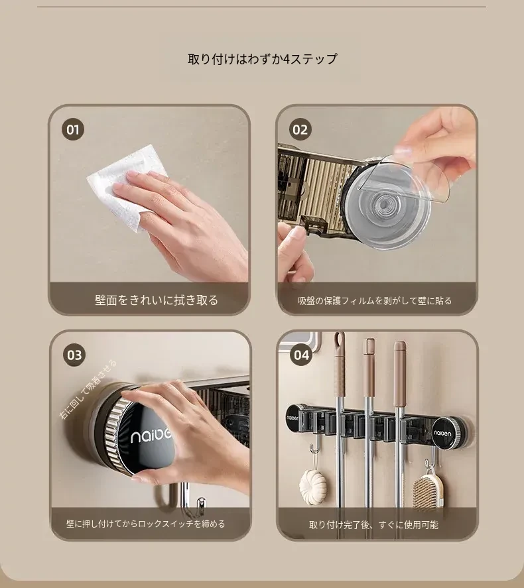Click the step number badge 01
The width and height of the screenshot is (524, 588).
[x=73, y=129]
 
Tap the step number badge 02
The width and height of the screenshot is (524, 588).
[x=300, y=129]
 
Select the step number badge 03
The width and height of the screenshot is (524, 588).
[x=74, y=355]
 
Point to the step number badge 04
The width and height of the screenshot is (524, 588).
[x=301, y=355]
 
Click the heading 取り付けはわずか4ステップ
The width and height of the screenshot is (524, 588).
[x=262, y=59]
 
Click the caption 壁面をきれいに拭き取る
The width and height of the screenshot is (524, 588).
[x=157, y=300]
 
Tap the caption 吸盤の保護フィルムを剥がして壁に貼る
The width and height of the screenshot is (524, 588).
[x=375, y=301]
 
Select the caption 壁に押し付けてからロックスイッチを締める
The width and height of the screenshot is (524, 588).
[x=145, y=524]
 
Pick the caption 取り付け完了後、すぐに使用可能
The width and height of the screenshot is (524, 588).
[x=373, y=524]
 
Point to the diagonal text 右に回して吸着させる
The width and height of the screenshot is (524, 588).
[x=88, y=390]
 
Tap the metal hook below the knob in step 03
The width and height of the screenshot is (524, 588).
[x=201, y=504]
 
